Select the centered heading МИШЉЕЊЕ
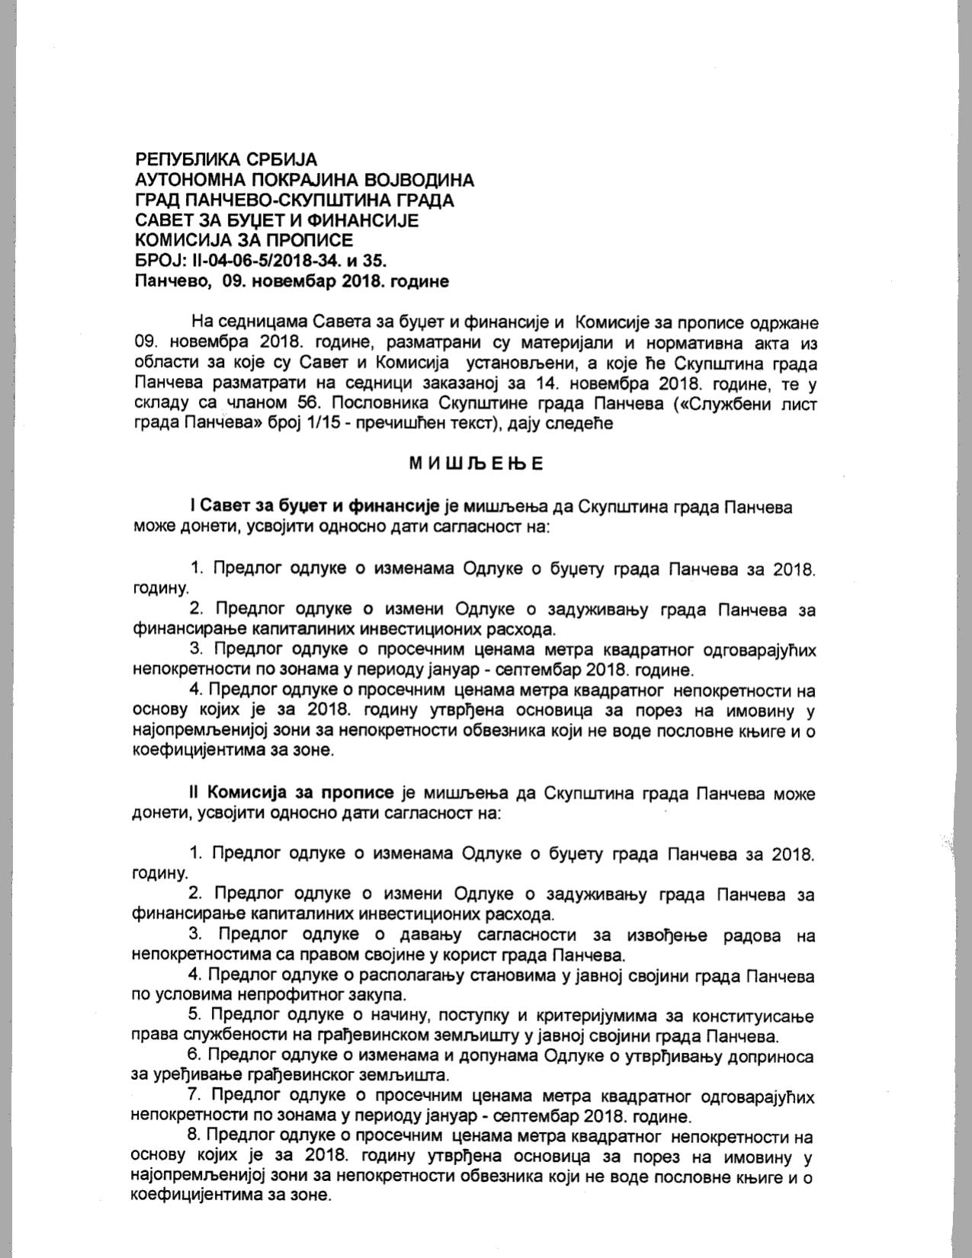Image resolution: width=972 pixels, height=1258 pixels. tap(476, 463)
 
